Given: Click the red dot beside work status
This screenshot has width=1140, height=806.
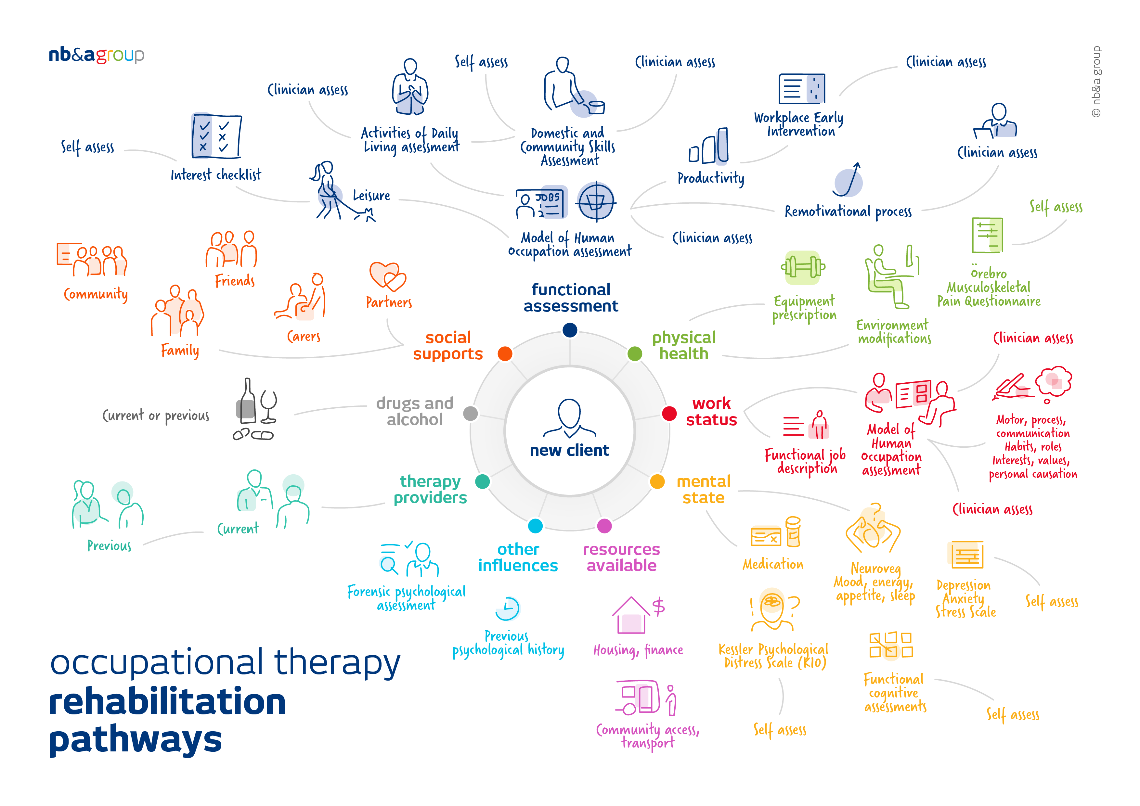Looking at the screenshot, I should click(669, 414).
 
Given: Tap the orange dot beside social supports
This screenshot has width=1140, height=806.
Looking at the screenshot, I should click(505, 354).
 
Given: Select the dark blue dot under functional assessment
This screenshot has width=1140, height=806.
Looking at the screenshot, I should click(570, 330).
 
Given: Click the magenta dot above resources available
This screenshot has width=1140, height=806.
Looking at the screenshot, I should click(604, 526).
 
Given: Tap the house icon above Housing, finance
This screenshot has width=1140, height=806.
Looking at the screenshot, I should click(630, 615).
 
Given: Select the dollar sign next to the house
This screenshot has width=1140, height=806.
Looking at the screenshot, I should click(659, 607).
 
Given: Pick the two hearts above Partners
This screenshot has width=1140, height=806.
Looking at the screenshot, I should click(388, 276).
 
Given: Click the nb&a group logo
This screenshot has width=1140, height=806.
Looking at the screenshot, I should click(96, 55).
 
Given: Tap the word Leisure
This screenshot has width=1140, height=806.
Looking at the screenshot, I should click(371, 196).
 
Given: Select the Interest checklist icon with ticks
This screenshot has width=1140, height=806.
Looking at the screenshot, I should click(216, 136).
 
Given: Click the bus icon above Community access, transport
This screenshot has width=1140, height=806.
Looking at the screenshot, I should click(639, 697).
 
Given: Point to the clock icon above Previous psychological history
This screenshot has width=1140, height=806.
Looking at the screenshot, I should click(507, 608).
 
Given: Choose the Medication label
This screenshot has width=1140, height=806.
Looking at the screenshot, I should click(772, 564).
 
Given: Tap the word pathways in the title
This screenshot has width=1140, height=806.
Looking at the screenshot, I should click(135, 740).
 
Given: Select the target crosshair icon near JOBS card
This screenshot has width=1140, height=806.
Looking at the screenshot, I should click(596, 201).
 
